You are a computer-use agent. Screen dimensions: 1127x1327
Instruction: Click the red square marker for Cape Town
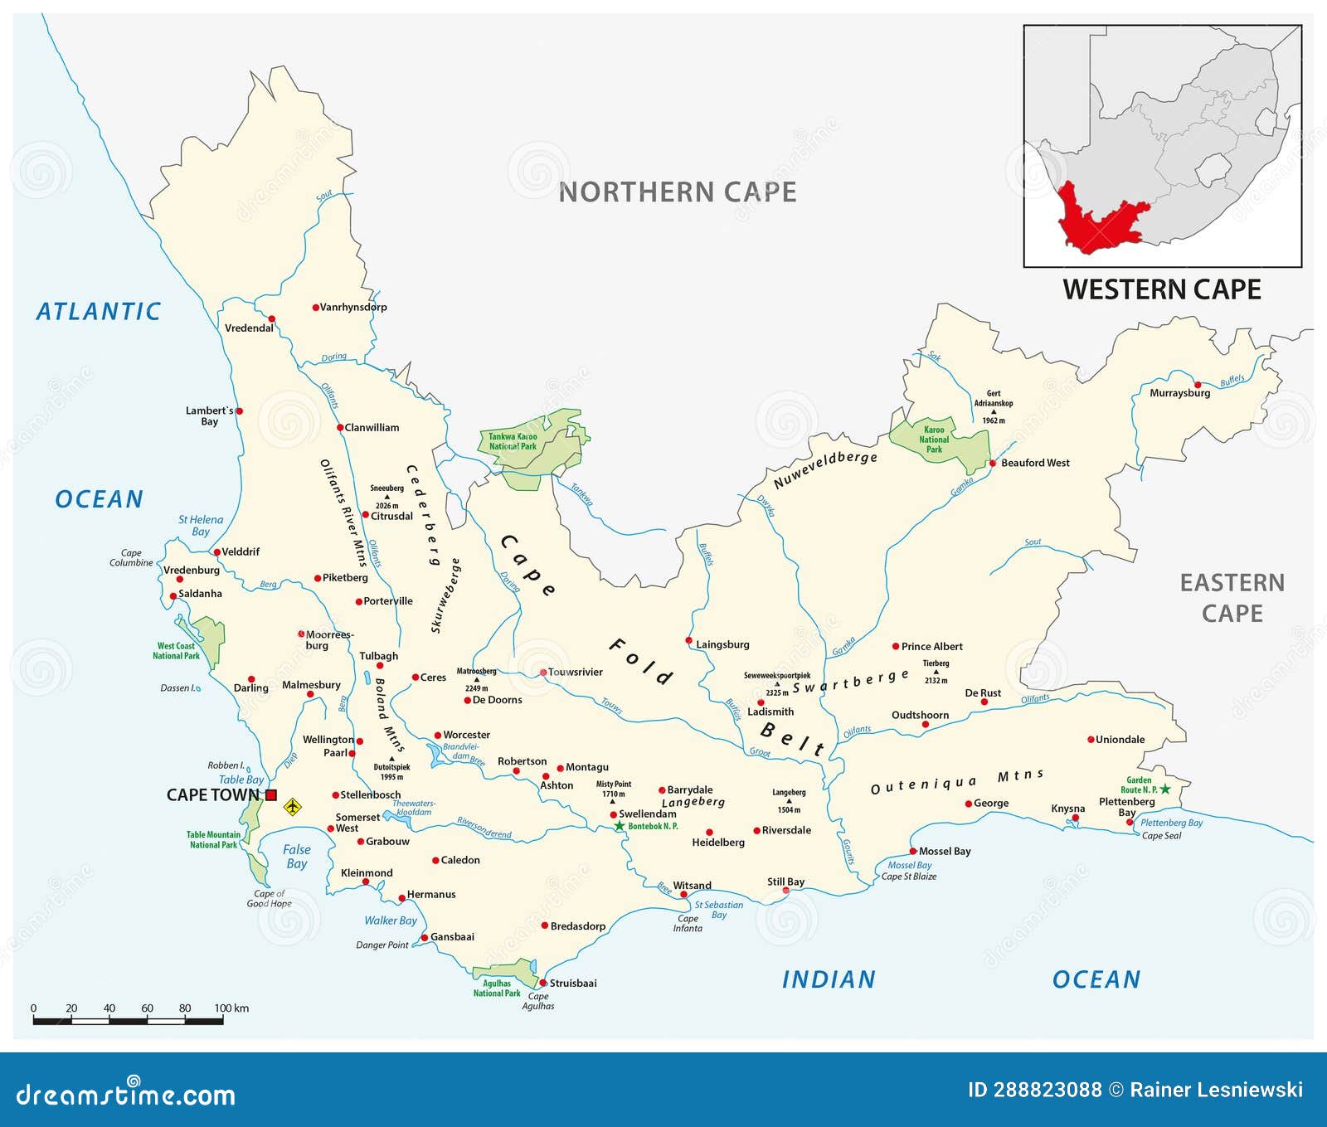tap(271, 794)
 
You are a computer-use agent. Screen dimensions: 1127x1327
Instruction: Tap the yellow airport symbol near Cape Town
tap(292, 806)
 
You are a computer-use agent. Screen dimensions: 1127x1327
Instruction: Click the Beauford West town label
tap(1035, 463)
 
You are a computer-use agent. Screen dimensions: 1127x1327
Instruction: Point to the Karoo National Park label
tap(934, 440)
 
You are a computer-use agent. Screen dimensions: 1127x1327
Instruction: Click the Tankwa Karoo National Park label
tap(513, 441)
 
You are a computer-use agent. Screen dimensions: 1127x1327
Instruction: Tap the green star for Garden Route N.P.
tap(1165, 789)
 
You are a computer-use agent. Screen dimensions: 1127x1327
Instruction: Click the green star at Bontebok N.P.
tap(619, 826)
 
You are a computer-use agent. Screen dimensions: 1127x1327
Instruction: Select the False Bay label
tap(296, 856)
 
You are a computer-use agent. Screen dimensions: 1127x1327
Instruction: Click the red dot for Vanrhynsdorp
tap(315, 308)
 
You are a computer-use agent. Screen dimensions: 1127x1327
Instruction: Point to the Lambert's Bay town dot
tap(239, 410)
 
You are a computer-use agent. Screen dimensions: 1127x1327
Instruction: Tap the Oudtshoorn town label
tap(920, 715)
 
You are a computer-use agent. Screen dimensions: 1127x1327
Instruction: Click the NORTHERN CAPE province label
tap(678, 192)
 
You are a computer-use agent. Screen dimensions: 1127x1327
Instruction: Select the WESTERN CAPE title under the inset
tap(1161, 289)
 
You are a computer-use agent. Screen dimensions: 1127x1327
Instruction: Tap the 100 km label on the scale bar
tap(231, 1008)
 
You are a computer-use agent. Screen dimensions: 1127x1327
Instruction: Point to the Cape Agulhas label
tap(538, 1001)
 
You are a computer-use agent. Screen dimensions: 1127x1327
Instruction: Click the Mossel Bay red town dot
tap(912, 852)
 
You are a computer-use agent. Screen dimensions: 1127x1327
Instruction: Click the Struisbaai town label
tap(572, 984)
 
